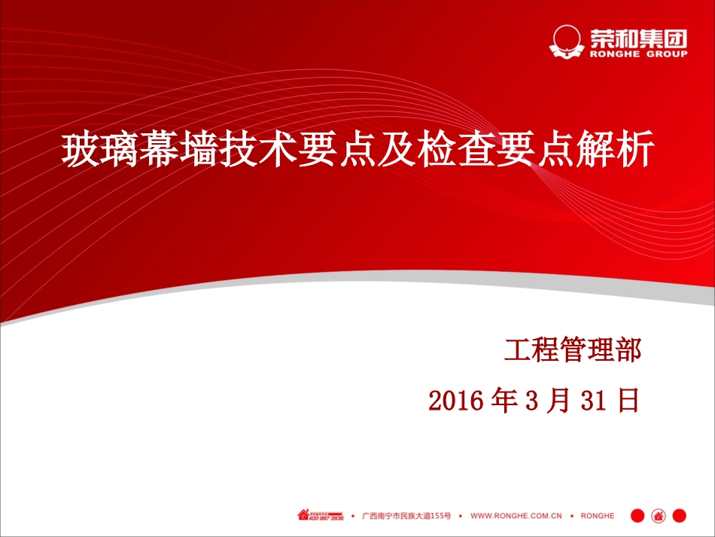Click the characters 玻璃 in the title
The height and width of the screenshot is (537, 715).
point(88,150)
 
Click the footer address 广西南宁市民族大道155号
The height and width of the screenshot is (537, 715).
point(406,516)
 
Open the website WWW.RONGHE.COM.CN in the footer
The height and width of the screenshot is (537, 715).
point(516,516)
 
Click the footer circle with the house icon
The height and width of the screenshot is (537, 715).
point(658,516)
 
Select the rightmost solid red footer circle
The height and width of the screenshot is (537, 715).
point(680,516)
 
